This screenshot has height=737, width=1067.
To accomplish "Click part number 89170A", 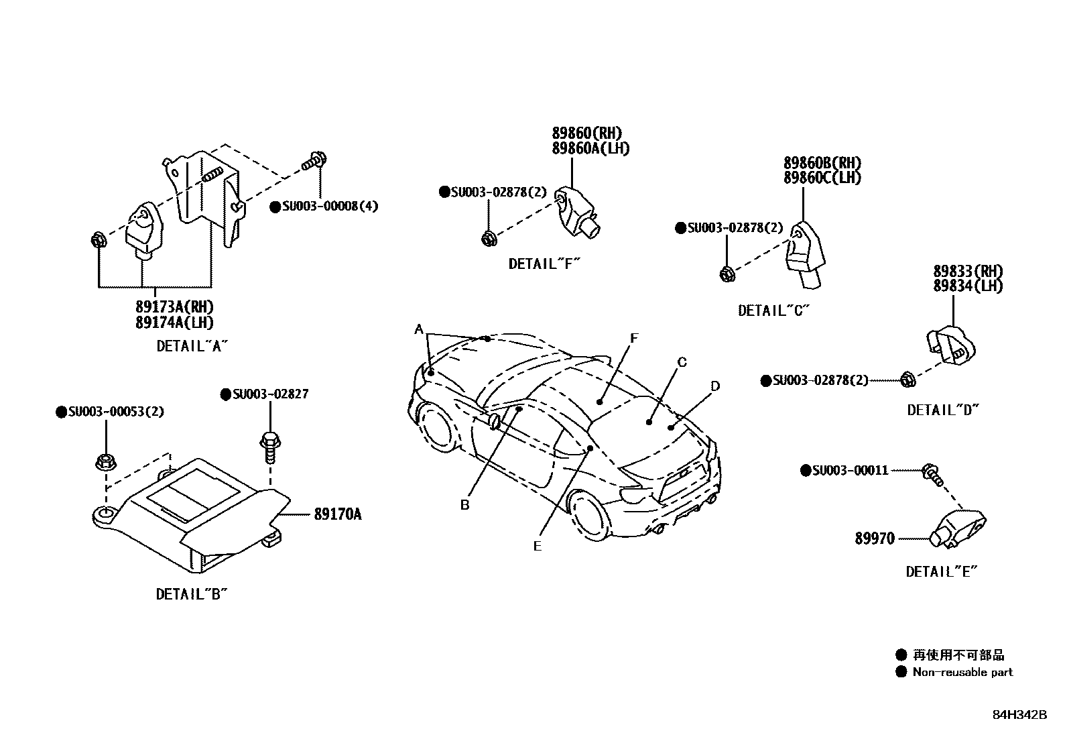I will point(337,515).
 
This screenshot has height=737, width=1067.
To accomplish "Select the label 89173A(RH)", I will point(174,307).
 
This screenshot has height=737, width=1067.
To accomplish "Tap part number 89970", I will point(874,538).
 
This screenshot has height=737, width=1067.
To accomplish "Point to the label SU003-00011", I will point(849,471).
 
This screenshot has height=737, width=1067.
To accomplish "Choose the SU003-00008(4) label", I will point(329,207).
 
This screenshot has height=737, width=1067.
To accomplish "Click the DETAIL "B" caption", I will point(192,594).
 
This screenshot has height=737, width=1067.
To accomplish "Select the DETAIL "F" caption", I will point(544,264).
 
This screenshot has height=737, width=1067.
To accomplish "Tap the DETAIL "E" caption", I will point(942,572).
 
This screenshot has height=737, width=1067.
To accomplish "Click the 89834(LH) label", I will point(968,286).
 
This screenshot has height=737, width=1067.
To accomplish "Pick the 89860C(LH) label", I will point(822,178).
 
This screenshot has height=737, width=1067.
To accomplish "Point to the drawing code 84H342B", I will point(1019,715).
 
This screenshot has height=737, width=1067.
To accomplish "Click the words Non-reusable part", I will point(962,672).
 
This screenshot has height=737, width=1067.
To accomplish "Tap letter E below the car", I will point(538,547).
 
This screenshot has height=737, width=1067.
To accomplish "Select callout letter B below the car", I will point(464,505).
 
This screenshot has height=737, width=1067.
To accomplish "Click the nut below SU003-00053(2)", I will point(104,462).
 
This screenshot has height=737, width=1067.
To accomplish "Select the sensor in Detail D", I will point(951,345).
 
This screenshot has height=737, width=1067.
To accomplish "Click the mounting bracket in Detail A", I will point(204,194).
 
